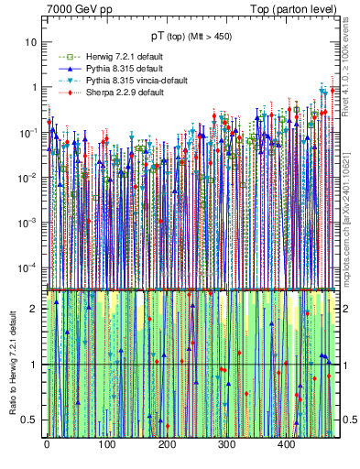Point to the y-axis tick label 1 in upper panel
(x=34, y=87)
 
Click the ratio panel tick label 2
(x=34, y=308)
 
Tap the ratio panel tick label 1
(x=34, y=365)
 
